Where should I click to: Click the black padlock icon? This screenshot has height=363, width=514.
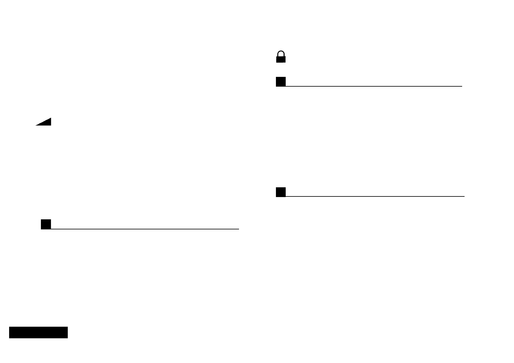[x=281, y=57]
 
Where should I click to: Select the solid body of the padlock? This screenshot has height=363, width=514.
[x=281, y=59]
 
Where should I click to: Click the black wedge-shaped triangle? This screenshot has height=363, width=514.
[x=46, y=123]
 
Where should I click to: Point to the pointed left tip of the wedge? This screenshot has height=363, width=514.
[x=36, y=125]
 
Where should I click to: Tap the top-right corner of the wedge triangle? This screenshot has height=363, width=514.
[x=51, y=118]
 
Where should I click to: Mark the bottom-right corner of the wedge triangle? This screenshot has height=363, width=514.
[x=51, y=125]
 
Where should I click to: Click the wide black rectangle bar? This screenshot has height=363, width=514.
[x=38, y=332]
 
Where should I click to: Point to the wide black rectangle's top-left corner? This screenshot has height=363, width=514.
[x=9, y=327]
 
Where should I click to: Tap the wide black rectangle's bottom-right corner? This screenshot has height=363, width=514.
[x=67, y=338]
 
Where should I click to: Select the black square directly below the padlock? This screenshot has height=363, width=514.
[x=281, y=82]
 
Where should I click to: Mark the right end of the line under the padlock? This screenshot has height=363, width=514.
[x=462, y=86]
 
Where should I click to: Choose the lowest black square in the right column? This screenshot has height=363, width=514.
[x=281, y=192]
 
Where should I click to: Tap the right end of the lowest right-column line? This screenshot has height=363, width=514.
[x=464, y=196]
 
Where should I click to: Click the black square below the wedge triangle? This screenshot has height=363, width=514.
[x=46, y=224]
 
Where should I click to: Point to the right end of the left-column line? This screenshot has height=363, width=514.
[x=238, y=228]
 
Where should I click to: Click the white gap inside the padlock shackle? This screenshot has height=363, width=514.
[x=281, y=54]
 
